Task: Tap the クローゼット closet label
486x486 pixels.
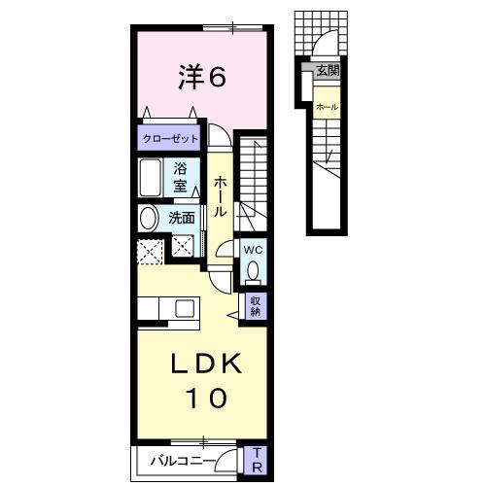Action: pos(171,139)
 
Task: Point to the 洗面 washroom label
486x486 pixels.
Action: pos(182,218)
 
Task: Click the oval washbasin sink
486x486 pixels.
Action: pos(149,218)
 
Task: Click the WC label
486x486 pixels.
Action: pos(252,249)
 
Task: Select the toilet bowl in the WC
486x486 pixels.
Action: pos(252,268)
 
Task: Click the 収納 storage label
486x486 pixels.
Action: pos(256,307)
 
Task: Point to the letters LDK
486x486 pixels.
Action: pos(203,361)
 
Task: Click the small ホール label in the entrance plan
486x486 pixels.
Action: pos(327,106)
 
